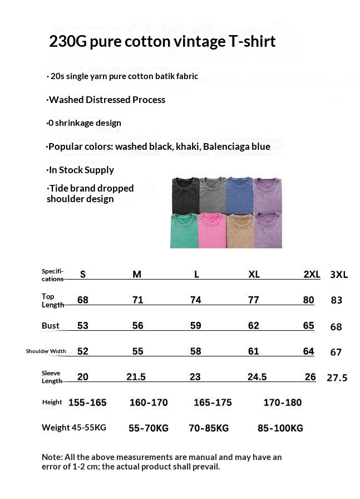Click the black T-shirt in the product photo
(x=185, y=194)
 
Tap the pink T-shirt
(x=212, y=231)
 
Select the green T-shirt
(x=184, y=231)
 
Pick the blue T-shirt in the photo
(x=240, y=194)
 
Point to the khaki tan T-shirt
(x=240, y=231)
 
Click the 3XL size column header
(x=339, y=275)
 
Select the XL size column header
(x=254, y=275)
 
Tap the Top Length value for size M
(x=138, y=300)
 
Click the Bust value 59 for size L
(x=195, y=326)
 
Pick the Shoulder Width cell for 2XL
(x=308, y=351)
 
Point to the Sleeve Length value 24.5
(x=257, y=377)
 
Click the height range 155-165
(x=87, y=403)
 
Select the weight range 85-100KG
(x=280, y=428)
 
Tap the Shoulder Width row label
(x=46, y=351)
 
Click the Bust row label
(x=51, y=326)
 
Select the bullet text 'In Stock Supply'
(x=81, y=170)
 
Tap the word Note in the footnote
(x=52, y=457)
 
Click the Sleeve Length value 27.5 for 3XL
(x=337, y=378)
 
